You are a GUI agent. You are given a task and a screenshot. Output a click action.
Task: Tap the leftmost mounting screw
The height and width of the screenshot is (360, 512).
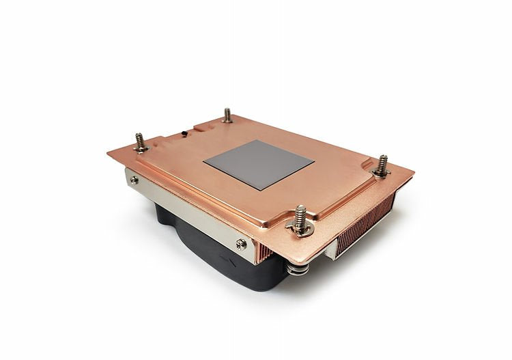coord(140,143)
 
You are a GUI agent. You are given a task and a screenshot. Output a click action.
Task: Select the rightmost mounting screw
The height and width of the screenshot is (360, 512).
coord(382,166)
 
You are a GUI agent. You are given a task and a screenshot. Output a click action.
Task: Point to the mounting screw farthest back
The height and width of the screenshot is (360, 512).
coord(227,115)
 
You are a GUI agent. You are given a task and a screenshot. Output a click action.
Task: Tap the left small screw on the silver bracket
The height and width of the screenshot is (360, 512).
coord(134,180)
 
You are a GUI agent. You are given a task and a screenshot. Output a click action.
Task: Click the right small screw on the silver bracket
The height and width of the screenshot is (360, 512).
coord(240,243)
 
